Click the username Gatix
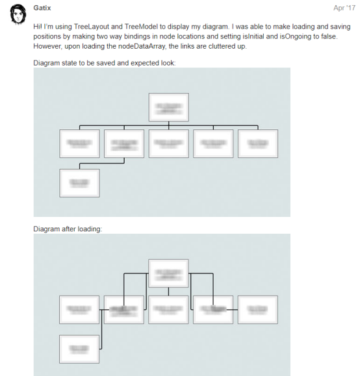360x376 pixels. point(42,8)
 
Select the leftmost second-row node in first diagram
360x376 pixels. point(79,144)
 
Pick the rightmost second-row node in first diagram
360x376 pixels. point(258,144)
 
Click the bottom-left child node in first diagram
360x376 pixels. point(79,182)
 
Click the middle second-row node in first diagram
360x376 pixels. point(169,144)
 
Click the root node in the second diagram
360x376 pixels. point(169,273)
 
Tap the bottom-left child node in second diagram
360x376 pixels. point(79,349)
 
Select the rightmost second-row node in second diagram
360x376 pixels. point(258,310)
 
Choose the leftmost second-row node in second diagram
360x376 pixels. point(79,310)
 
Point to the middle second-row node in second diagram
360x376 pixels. point(169,310)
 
